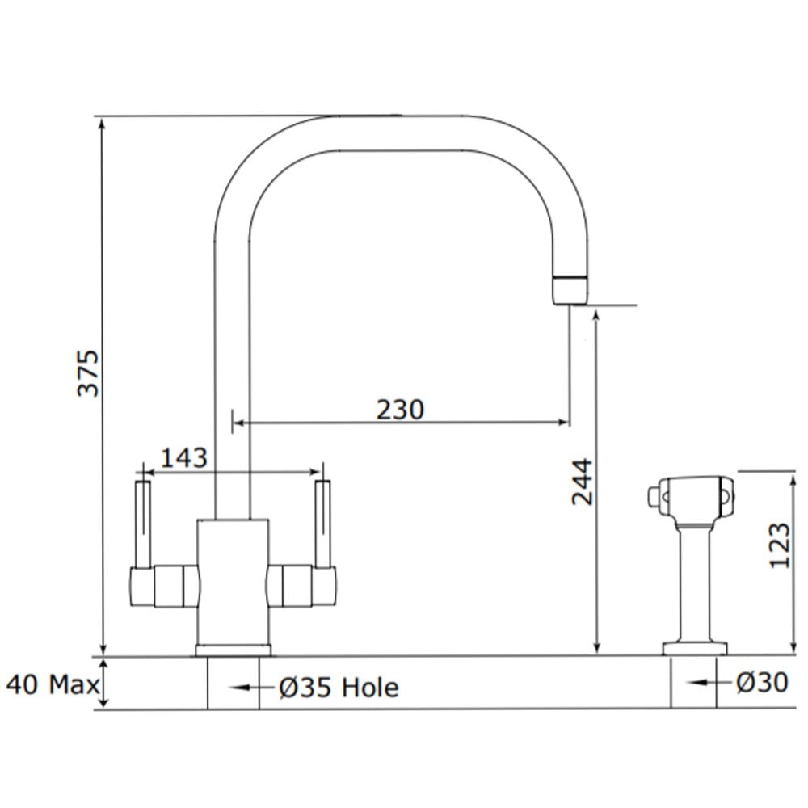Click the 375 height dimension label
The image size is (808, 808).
(x=87, y=373)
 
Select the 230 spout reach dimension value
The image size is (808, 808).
(x=400, y=410)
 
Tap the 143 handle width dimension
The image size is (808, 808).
(x=184, y=457)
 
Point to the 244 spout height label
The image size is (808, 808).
(x=583, y=482)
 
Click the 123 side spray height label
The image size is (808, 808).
(x=779, y=545)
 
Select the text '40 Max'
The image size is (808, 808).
(x=53, y=685)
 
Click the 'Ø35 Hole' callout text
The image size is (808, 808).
(x=339, y=688)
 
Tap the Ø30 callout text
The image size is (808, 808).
(x=762, y=683)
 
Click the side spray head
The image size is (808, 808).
(x=691, y=497)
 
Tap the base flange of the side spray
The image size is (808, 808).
(x=695, y=649)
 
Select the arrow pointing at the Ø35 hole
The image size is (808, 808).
(x=250, y=688)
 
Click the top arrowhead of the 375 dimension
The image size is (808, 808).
(x=103, y=123)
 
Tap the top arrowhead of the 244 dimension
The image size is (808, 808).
(x=596, y=315)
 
